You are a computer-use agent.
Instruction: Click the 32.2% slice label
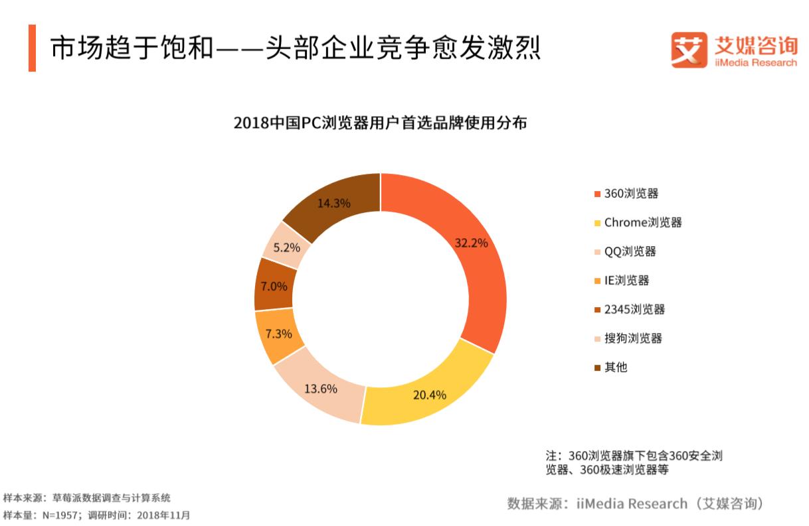coord(471,243)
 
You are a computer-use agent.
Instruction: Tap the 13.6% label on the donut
coord(321,389)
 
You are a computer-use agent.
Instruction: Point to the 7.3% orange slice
coord(278,334)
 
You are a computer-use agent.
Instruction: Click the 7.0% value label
coord(274,287)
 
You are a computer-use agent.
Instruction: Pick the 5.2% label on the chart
coord(287,247)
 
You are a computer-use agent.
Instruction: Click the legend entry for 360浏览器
coord(630,194)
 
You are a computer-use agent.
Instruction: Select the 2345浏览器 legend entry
coord(634,309)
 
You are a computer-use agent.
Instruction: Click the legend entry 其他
coord(615,367)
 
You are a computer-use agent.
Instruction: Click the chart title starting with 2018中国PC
coord(380,123)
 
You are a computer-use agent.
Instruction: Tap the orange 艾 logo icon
coord(687,50)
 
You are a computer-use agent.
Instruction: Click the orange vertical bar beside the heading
coord(31,48)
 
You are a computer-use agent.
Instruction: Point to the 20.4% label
coord(429,395)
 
